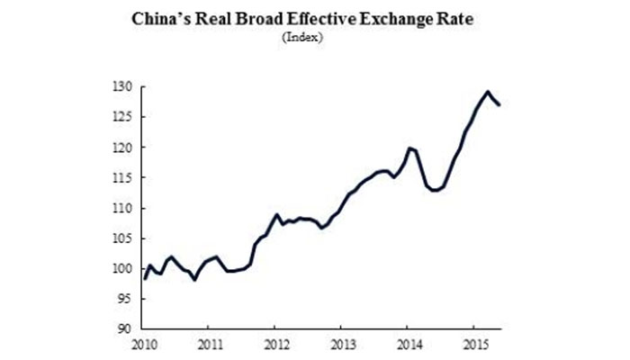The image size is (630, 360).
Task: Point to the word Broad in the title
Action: click(296, 17)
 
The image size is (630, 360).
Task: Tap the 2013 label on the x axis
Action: click(341, 344)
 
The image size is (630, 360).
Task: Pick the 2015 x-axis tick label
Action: click(474, 344)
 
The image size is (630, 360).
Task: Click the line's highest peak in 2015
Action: click(488, 92)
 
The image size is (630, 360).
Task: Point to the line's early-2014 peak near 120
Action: click(409, 148)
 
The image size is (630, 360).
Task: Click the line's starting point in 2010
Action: click(146, 279)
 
